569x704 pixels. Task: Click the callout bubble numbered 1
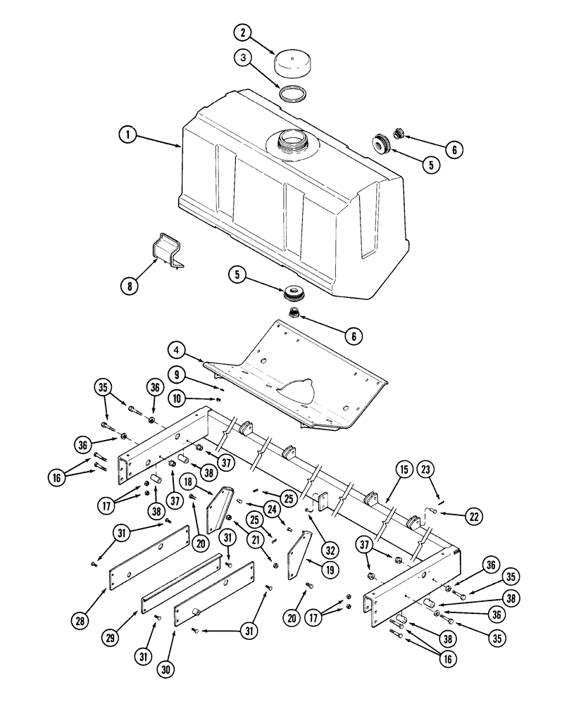pos(127,134)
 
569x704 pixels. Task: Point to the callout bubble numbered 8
pos(128,286)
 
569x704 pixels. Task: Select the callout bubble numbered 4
pos(177,349)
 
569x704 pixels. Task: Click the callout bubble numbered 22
pos(474,516)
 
